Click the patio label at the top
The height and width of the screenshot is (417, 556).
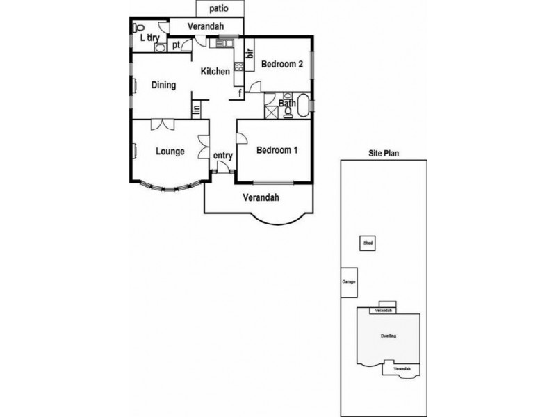click(219, 9)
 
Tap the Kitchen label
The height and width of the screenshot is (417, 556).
click(215, 72)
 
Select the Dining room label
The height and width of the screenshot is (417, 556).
click(163, 85)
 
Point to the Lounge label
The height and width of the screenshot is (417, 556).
click(170, 151)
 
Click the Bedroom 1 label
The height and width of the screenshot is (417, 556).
click(277, 150)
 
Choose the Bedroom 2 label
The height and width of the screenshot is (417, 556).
click(281, 65)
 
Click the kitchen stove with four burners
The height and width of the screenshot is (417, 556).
click(238, 67)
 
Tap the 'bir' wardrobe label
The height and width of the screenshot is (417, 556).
click(248, 51)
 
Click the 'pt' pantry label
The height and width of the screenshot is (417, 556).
click(177, 45)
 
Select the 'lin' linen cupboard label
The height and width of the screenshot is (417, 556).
click(197, 109)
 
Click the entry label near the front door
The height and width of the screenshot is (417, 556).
click(222, 156)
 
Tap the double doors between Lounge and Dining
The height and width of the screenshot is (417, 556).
click(161, 124)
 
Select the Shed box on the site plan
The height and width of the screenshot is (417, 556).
click(367, 243)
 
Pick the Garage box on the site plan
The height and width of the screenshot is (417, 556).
click(349, 282)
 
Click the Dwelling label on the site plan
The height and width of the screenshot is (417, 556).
click(389, 336)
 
